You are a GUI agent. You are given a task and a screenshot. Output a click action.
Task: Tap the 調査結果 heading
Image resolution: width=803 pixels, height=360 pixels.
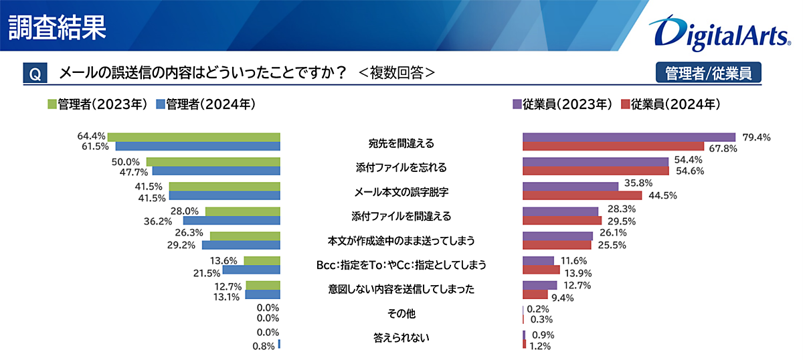point(57,27)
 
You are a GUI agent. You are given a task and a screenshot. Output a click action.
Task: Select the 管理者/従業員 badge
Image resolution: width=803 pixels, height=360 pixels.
point(709,73)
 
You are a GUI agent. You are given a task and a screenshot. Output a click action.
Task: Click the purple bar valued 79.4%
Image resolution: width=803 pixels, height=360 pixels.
point(628,137)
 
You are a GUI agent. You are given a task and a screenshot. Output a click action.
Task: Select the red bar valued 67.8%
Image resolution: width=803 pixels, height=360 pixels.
point(613,147)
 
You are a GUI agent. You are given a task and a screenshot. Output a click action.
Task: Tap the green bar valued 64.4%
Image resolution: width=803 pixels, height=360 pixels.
point(193,137)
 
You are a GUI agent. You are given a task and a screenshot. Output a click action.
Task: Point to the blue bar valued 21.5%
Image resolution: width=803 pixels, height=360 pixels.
point(251,270)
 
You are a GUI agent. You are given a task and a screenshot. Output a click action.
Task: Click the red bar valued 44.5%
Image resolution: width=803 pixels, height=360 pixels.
point(582,196)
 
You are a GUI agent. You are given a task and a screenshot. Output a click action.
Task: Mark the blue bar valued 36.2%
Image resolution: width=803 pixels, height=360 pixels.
point(232,220)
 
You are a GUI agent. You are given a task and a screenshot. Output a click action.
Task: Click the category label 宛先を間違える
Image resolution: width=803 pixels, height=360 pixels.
point(401,143)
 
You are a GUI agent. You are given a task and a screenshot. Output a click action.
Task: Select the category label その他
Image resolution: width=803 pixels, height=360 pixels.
point(401,313)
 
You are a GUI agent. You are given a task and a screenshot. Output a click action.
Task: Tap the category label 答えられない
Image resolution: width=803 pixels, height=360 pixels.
point(401,338)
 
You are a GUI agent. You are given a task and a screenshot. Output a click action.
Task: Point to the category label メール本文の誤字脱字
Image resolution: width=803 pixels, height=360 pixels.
point(401,191)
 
